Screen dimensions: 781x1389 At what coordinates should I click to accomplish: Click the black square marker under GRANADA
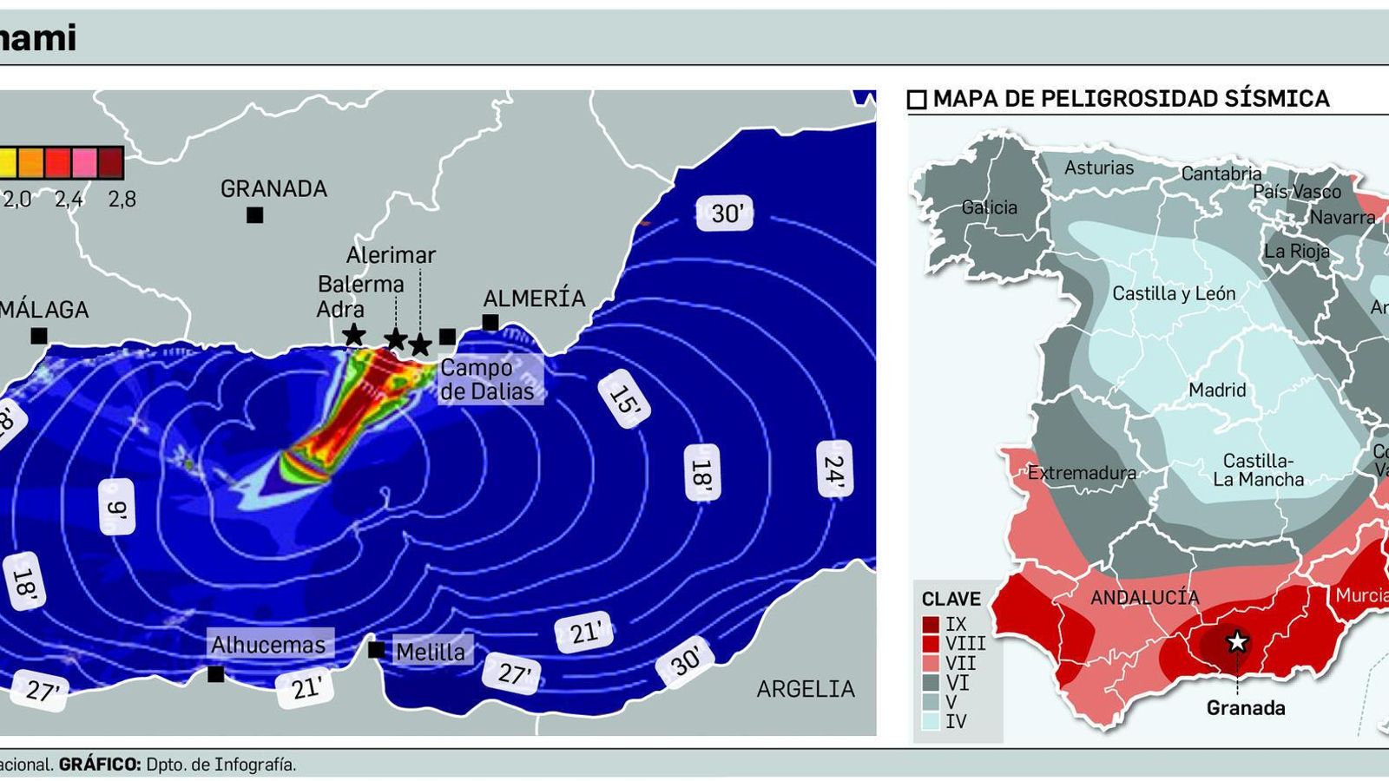tap(254, 214)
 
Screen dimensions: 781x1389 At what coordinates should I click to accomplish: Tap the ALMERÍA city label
tap(534, 299)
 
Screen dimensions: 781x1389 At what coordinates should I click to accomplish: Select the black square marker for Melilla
tap(376, 649)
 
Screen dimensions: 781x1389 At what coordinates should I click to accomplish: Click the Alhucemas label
tap(268, 645)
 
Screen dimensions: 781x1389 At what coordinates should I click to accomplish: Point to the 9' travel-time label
tap(117, 507)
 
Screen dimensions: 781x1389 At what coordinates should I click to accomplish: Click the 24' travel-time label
tap(833, 469)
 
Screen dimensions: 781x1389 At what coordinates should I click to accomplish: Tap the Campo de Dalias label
tap(487, 379)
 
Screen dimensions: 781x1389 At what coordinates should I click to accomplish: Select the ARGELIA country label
tap(805, 689)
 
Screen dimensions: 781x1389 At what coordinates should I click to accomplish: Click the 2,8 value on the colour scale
tap(122, 200)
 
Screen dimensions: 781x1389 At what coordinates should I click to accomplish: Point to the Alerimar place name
tap(391, 255)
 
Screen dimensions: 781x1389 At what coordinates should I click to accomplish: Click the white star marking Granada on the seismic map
tap(1237, 642)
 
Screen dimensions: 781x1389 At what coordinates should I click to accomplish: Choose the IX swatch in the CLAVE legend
tap(931, 624)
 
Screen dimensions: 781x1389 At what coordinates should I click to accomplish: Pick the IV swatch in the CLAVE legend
tap(931, 721)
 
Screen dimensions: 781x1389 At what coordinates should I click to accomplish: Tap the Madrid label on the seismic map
tap(1217, 390)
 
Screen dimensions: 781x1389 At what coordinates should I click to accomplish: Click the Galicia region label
tap(989, 207)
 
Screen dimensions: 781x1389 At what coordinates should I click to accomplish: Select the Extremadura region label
tap(1082, 473)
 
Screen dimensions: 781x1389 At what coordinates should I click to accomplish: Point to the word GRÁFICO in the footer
tap(100, 765)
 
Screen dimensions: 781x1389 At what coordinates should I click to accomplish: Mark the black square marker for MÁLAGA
tap(39, 336)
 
